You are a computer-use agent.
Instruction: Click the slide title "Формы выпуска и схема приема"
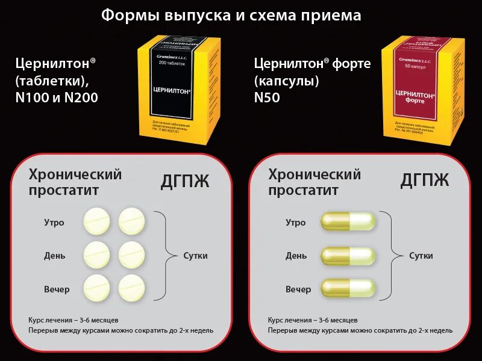point(231,15)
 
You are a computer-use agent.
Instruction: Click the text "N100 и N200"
point(57,97)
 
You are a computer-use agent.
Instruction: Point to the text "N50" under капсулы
point(269,97)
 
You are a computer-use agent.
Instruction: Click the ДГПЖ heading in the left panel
point(186,181)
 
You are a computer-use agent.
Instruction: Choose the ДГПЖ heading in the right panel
point(425,180)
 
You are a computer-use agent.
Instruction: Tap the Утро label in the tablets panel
point(54,223)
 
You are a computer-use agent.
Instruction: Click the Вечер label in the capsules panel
point(298,289)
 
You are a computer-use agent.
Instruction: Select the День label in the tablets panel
point(54,256)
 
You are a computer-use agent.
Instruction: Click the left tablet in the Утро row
point(97,221)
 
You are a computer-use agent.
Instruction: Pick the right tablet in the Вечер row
point(132,288)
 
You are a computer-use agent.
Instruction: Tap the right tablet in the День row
point(132,255)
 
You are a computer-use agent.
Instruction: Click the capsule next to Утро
point(348,221)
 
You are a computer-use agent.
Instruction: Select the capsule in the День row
point(348,256)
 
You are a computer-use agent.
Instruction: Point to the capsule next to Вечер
point(348,288)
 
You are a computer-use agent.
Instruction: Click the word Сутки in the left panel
point(195,256)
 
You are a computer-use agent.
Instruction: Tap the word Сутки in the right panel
point(421,256)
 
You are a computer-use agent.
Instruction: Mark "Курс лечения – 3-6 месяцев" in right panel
point(313,319)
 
